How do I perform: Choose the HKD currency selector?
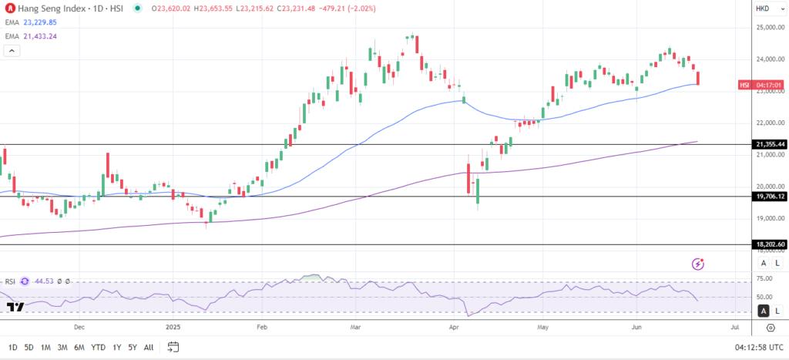pos(763,8)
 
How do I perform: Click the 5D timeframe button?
pos(29,347)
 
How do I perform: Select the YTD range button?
pos(98,347)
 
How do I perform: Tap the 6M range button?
pos(79,347)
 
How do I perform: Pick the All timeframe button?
pos(149,347)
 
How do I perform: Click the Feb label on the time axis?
pos(261,327)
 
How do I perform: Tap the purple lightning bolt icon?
pos(698,264)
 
